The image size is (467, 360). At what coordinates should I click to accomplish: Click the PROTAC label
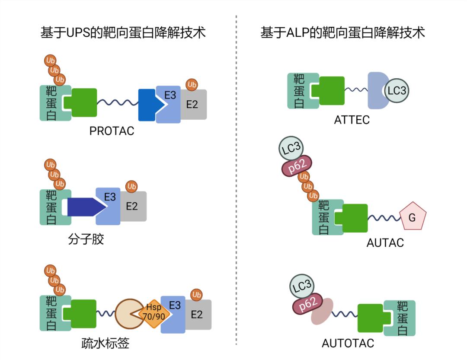tap(112, 131)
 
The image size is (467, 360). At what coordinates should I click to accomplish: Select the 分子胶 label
tap(86, 239)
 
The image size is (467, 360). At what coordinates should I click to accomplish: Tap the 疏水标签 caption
tap(105, 344)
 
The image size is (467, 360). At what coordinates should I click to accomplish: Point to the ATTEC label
tap(352, 120)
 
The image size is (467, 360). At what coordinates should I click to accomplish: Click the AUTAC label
tap(385, 243)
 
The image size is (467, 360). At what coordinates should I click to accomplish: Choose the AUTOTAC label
tap(348, 344)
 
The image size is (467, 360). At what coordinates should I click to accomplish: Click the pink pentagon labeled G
tap(412, 218)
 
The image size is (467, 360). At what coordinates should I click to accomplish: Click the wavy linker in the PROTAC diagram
tap(118, 103)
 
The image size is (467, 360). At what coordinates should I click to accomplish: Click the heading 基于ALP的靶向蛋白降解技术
tap(342, 33)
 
